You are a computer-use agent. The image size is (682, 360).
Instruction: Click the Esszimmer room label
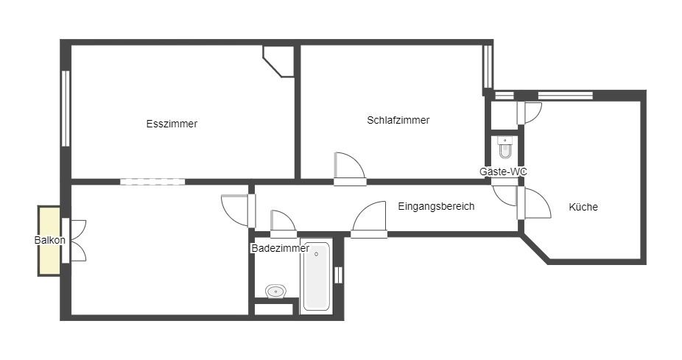[x=172, y=124]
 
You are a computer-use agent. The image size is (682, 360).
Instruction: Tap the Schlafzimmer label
[x=398, y=120]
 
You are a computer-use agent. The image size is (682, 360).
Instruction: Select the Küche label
[x=583, y=207]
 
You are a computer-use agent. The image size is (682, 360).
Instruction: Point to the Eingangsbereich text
[x=436, y=206]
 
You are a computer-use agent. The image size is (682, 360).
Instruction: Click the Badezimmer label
[x=281, y=248]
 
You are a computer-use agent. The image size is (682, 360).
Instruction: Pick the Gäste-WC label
[x=503, y=172]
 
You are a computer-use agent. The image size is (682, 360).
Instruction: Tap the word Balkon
[x=49, y=240]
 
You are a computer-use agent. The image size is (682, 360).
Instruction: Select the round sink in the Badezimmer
[x=275, y=292]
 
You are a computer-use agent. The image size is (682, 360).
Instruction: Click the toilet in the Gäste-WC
[x=505, y=147]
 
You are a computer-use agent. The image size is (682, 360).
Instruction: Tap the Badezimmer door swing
[x=283, y=221]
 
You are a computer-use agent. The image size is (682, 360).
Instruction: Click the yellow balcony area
[x=49, y=241]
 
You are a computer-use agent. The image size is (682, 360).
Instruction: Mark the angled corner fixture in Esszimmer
[x=278, y=61]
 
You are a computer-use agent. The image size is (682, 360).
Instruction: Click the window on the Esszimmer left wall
[x=66, y=109]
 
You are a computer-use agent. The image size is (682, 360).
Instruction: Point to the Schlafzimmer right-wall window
[x=488, y=66]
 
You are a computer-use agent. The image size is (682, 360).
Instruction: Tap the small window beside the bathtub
[x=338, y=275]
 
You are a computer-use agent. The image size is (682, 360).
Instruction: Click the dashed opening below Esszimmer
[x=152, y=182]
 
